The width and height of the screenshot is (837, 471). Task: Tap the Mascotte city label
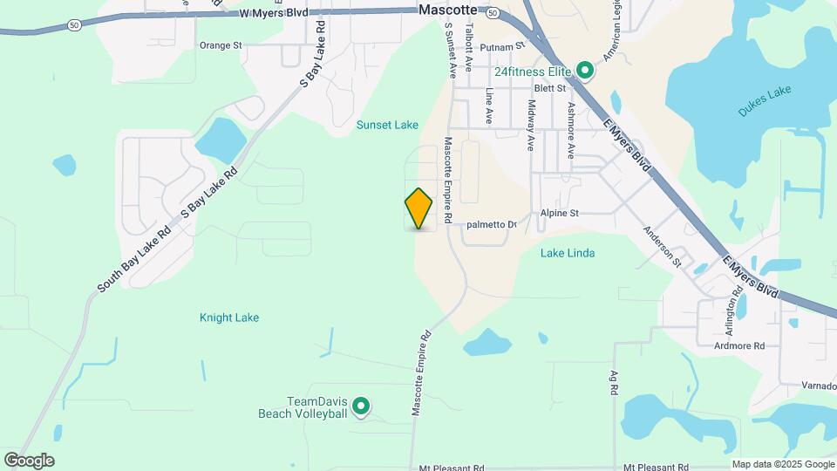click(x=448, y=10)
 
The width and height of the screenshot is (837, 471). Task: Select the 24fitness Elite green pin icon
click(x=586, y=70)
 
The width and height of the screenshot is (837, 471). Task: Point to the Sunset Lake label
click(x=387, y=125)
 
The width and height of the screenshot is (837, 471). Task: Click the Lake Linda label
click(x=568, y=253)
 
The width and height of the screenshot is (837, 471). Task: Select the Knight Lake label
click(x=229, y=317)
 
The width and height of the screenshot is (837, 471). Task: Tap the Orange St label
click(x=220, y=45)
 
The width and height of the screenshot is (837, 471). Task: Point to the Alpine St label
click(x=560, y=213)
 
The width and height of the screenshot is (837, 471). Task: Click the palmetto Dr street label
click(x=492, y=225)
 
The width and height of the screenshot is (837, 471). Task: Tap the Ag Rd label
click(x=614, y=381)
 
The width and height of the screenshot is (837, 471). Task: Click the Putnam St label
click(x=507, y=44)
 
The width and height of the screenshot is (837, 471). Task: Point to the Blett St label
click(x=550, y=88)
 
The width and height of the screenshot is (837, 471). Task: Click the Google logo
click(x=29, y=461)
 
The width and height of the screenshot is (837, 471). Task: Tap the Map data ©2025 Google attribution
click(x=782, y=465)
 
